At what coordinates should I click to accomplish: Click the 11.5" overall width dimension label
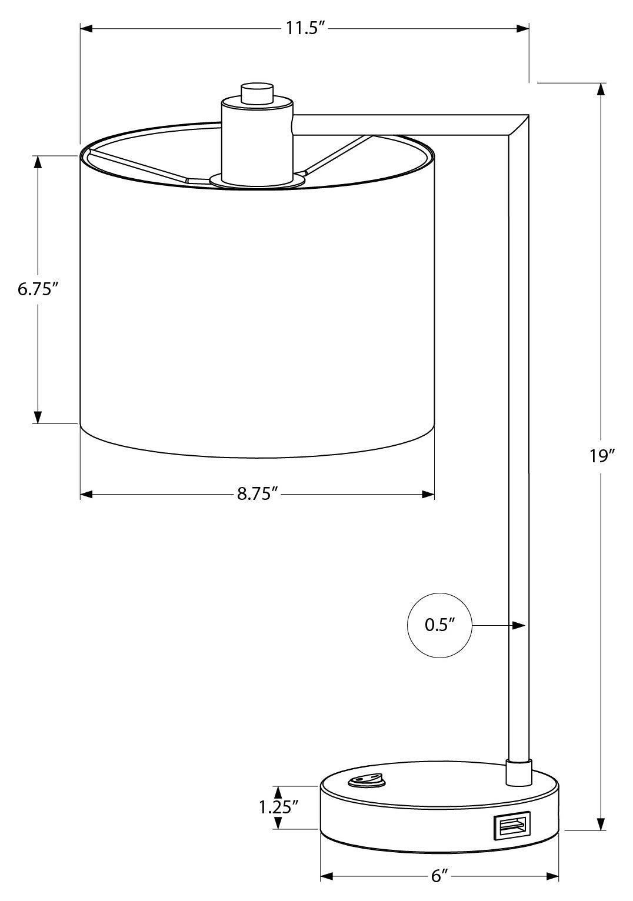pyautogui.click(x=305, y=28)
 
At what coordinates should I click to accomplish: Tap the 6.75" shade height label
pyautogui.click(x=38, y=289)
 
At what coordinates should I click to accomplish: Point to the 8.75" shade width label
pyautogui.click(x=257, y=494)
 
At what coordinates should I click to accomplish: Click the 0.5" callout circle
pyautogui.click(x=439, y=625)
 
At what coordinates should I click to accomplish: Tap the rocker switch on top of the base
pyautogui.click(x=365, y=780)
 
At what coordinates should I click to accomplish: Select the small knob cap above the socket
pyautogui.click(x=257, y=94)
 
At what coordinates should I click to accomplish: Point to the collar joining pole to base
pyautogui.click(x=519, y=771)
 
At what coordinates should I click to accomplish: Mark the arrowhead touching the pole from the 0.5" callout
pyautogui.click(x=519, y=625)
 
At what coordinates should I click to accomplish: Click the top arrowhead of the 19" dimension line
pyautogui.click(x=600, y=89)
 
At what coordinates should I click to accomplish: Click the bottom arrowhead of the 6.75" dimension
pyautogui.click(x=38, y=417)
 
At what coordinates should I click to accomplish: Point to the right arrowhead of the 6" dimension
pyautogui.click(x=552, y=877)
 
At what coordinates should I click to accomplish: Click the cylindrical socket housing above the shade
pyautogui.click(x=257, y=141)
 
